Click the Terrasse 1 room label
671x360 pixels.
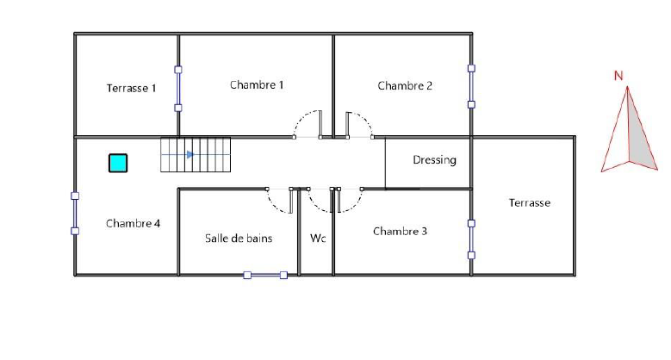click(x=132, y=88)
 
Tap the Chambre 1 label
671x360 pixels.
click(x=257, y=84)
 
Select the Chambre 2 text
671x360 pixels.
click(x=405, y=85)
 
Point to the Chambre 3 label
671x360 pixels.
click(x=401, y=231)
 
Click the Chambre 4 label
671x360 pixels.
click(x=134, y=223)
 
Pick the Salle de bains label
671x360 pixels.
click(x=239, y=239)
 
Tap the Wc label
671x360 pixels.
click(x=318, y=238)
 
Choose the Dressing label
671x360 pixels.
click(x=434, y=160)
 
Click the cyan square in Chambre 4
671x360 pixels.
click(x=118, y=163)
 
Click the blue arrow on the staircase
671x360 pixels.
click(x=190, y=154)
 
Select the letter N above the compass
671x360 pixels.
click(x=618, y=76)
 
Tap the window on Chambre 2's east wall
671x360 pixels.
click(x=471, y=86)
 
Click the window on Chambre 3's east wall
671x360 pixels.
click(x=471, y=239)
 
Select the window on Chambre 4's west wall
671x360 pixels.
click(x=75, y=214)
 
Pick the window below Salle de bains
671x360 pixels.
click(x=265, y=276)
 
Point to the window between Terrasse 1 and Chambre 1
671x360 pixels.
click(x=178, y=89)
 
